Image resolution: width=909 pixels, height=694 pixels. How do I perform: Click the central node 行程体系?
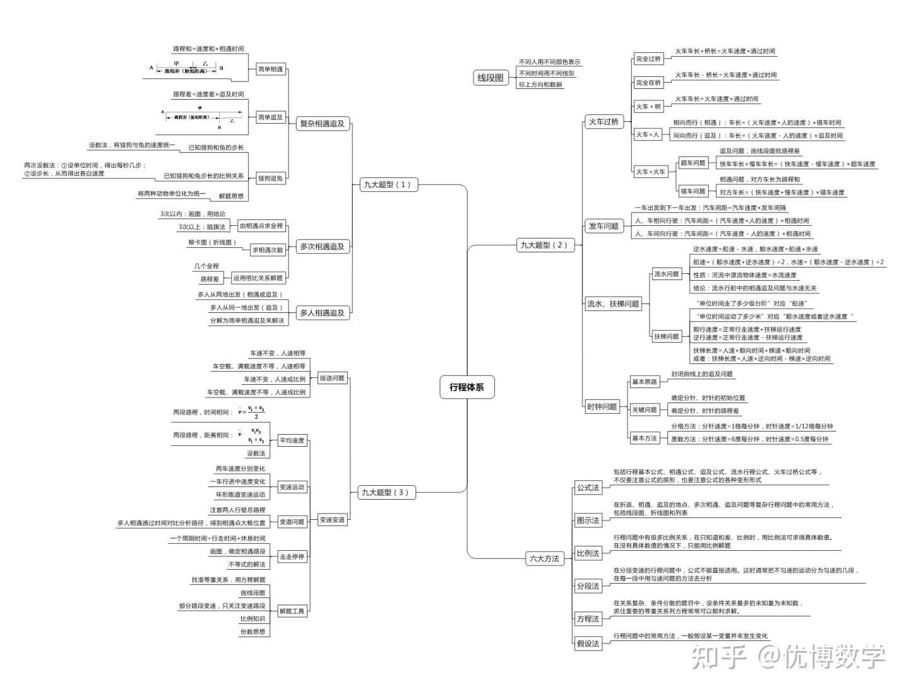[466, 387]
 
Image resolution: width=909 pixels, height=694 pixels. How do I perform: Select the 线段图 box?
[490, 78]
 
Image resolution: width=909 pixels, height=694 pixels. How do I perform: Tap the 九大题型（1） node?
[386, 185]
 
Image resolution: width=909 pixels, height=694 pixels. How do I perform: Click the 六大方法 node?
[544, 558]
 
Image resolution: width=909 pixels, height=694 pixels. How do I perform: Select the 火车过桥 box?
[603, 122]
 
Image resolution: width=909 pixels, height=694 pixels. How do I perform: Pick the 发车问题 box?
[603, 226]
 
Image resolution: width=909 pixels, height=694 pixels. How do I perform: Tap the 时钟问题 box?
[602, 406]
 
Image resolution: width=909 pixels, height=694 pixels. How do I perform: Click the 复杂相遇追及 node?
[322, 124]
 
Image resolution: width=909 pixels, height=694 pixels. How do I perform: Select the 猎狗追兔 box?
[270, 179]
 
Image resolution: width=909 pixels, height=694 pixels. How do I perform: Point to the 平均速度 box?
[292, 440]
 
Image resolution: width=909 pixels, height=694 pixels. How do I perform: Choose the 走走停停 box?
[292, 556]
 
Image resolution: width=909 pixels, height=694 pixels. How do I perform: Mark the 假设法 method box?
[588, 644]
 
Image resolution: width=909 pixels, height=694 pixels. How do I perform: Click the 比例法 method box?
[588, 553]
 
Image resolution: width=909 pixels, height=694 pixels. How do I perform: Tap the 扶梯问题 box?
[666, 336]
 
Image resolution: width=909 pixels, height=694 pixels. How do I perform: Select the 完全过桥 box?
[648, 59]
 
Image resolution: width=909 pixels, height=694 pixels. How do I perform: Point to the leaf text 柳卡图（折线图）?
[212, 242]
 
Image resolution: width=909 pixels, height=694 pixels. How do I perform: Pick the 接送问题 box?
[332, 378]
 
